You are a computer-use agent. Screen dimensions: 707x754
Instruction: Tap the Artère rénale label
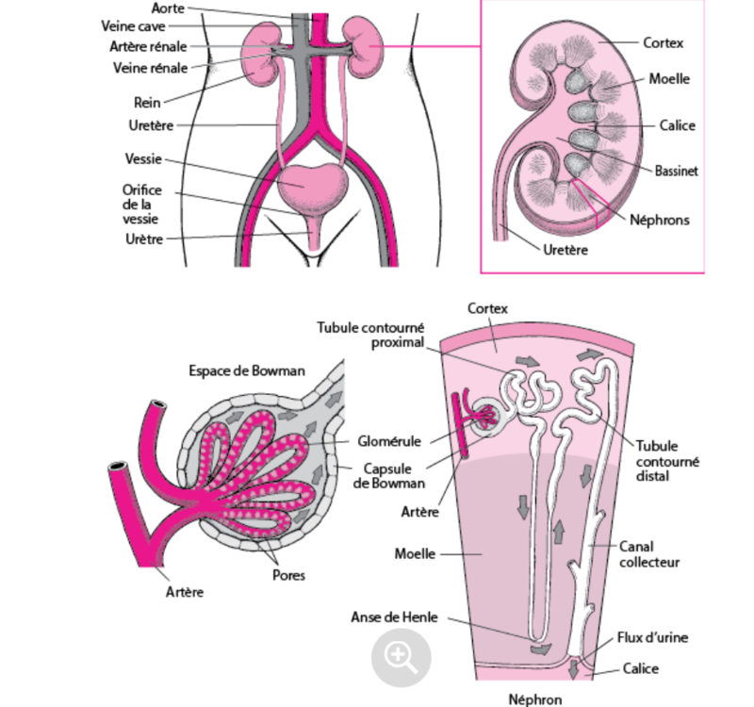point(148,46)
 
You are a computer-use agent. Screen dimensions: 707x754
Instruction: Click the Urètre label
point(144,239)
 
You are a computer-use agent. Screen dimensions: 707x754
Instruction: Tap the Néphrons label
point(660,220)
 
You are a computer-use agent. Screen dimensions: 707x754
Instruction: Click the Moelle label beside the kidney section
point(669,78)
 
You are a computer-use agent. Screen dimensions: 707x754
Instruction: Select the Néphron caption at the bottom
point(534,699)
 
